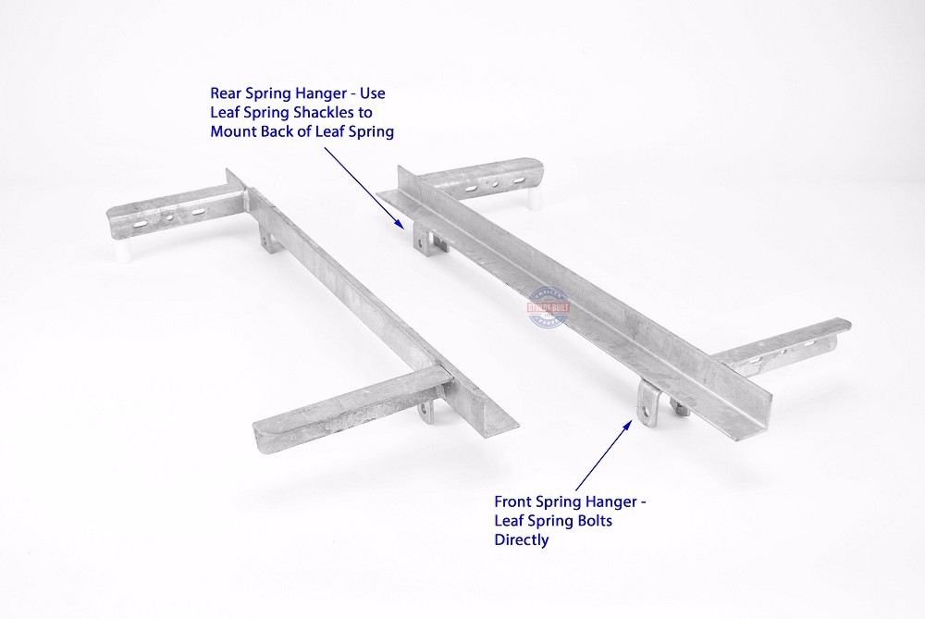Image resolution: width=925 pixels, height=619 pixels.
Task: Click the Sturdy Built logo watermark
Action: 549,311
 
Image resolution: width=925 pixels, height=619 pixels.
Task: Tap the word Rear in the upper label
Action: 227,93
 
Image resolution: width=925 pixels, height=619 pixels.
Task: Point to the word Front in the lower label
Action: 513,502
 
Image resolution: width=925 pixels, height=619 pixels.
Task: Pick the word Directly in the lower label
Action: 522,539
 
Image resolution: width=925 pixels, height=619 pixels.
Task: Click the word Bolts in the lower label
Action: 592,521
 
